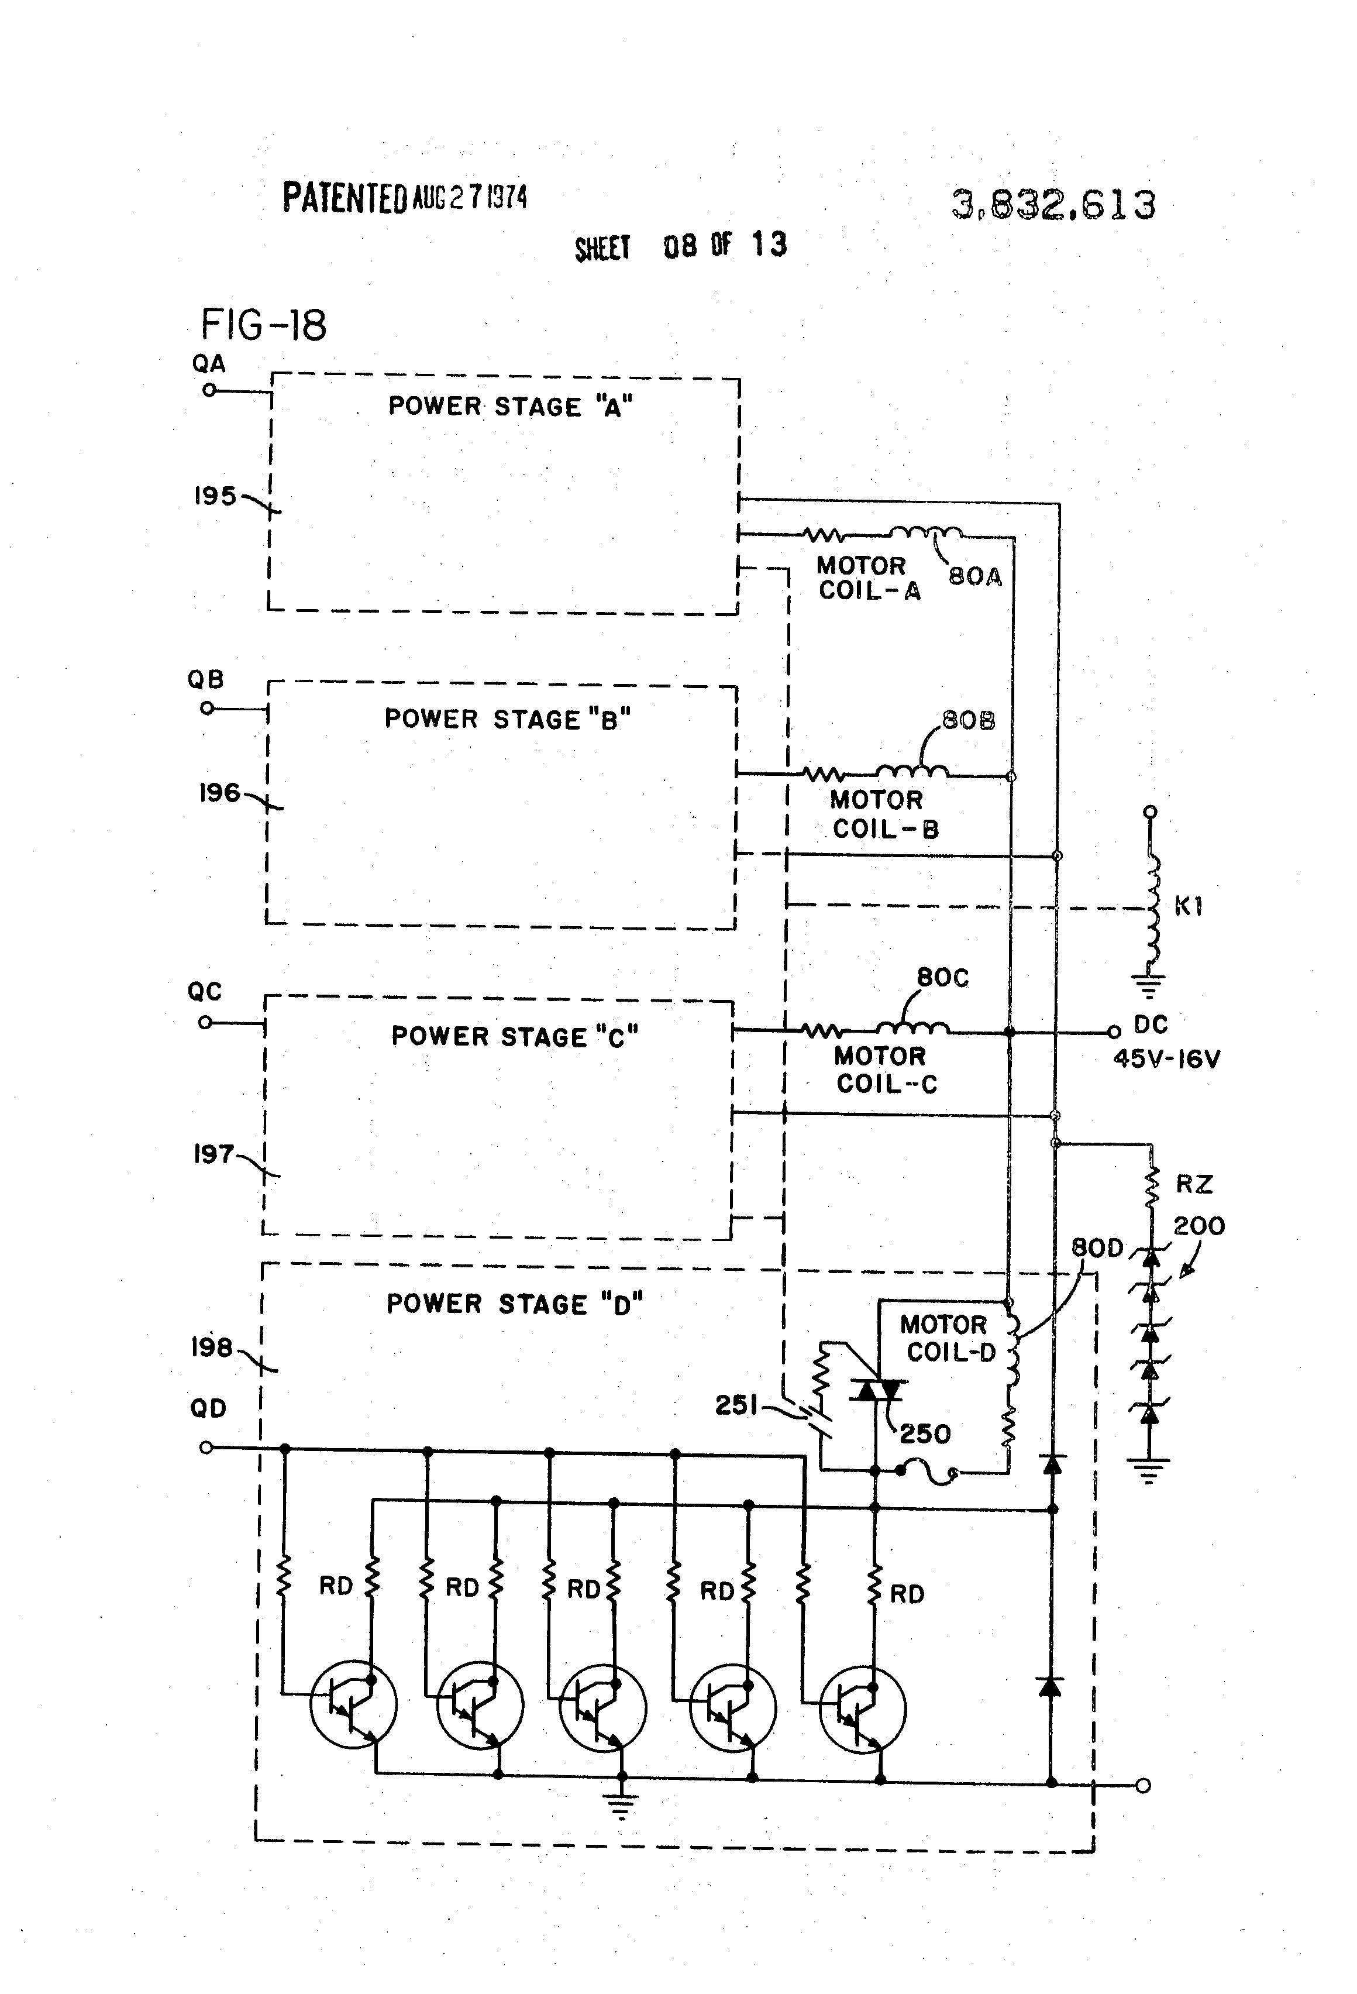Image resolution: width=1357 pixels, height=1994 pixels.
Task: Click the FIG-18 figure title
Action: pyautogui.click(x=263, y=325)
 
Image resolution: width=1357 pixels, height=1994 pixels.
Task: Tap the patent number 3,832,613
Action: pyautogui.click(x=1053, y=205)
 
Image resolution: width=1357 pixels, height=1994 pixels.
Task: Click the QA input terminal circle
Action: pyautogui.click(x=208, y=390)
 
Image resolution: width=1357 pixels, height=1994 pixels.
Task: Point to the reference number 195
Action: pyautogui.click(x=215, y=496)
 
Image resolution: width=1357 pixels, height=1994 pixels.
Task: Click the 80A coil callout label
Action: pyautogui.click(x=974, y=576)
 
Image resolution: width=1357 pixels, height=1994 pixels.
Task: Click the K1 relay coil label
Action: pyautogui.click(x=1188, y=906)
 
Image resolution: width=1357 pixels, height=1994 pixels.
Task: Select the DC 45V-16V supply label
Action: pyautogui.click(x=1165, y=1041)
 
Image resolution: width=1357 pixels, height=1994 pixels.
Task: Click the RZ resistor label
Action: pyautogui.click(x=1193, y=1184)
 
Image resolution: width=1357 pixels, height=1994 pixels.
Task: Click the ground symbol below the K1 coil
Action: pyautogui.click(x=1149, y=988)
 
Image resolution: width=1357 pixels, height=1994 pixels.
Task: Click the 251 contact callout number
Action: pyautogui.click(x=736, y=1405)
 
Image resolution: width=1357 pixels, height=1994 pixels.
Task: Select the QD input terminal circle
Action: pyautogui.click(x=206, y=1448)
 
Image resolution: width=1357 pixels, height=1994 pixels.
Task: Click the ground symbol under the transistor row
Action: pyautogui.click(x=621, y=1806)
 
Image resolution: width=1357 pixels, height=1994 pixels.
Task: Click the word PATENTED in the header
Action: pyautogui.click(x=345, y=198)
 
